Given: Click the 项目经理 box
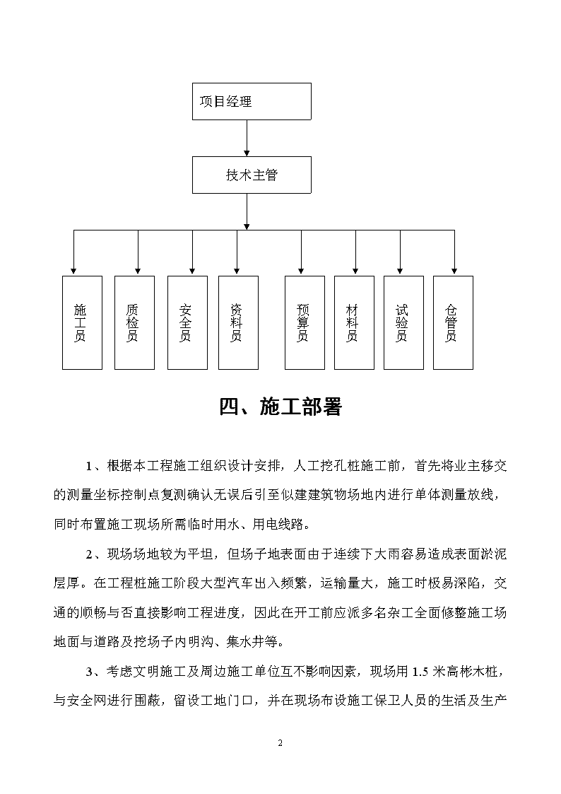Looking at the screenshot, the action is click(252, 101).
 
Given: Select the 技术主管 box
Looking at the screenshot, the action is click(252, 175).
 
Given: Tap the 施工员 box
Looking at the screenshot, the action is click(82, 322).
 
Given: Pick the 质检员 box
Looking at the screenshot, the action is click(134, 322).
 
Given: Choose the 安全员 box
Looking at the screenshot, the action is click(187, 322).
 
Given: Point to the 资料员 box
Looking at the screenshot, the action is click(238, 322).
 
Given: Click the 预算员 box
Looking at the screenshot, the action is click(305, 322).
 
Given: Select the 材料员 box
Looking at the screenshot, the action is click(354, 322).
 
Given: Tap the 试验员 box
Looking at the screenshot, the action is click(403, 322).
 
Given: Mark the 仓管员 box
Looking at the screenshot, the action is click(453, 322).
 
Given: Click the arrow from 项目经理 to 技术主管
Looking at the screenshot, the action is click(247, 139).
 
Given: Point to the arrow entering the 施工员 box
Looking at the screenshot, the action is click(74, 252).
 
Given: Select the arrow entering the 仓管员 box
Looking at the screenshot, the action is click(454, 252).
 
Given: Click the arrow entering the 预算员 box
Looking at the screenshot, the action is click(301, 252).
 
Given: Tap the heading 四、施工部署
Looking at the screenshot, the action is click(280, 407).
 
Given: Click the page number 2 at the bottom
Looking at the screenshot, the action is click(280, 743).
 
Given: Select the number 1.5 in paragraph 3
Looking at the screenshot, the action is click(421, 672).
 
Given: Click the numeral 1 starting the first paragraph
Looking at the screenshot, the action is click(89, 467).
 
